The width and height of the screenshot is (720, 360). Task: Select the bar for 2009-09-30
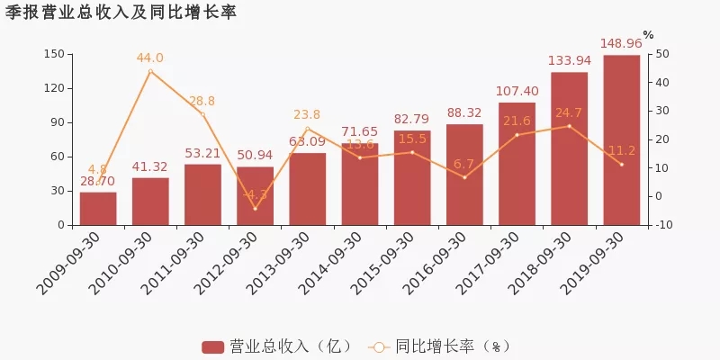point(97,208)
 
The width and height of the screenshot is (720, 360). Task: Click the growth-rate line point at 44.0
point(150,71)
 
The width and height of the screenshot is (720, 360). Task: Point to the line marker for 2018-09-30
point(569,126)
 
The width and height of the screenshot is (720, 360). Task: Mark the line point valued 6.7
point(464,177)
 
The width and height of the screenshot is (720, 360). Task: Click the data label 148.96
point(621,43)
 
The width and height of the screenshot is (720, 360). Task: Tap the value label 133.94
point(569,60)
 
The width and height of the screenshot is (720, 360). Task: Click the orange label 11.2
point(621,150)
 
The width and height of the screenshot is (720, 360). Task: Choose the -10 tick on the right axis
point(663,224)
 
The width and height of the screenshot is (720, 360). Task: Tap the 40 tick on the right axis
point(663,82)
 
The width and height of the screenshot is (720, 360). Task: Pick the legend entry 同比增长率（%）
point(441,346)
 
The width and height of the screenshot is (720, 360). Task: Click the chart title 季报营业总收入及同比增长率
point(121,12)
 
